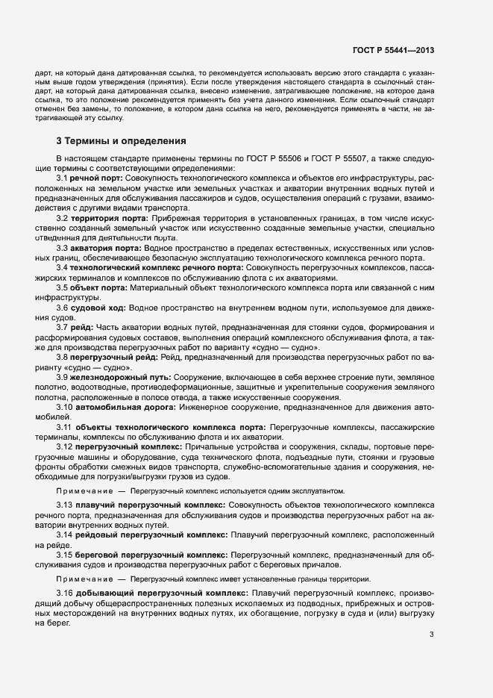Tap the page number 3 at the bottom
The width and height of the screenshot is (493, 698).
[x=432, y=635]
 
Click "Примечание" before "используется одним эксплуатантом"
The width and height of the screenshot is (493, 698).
[x=81, y=491]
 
